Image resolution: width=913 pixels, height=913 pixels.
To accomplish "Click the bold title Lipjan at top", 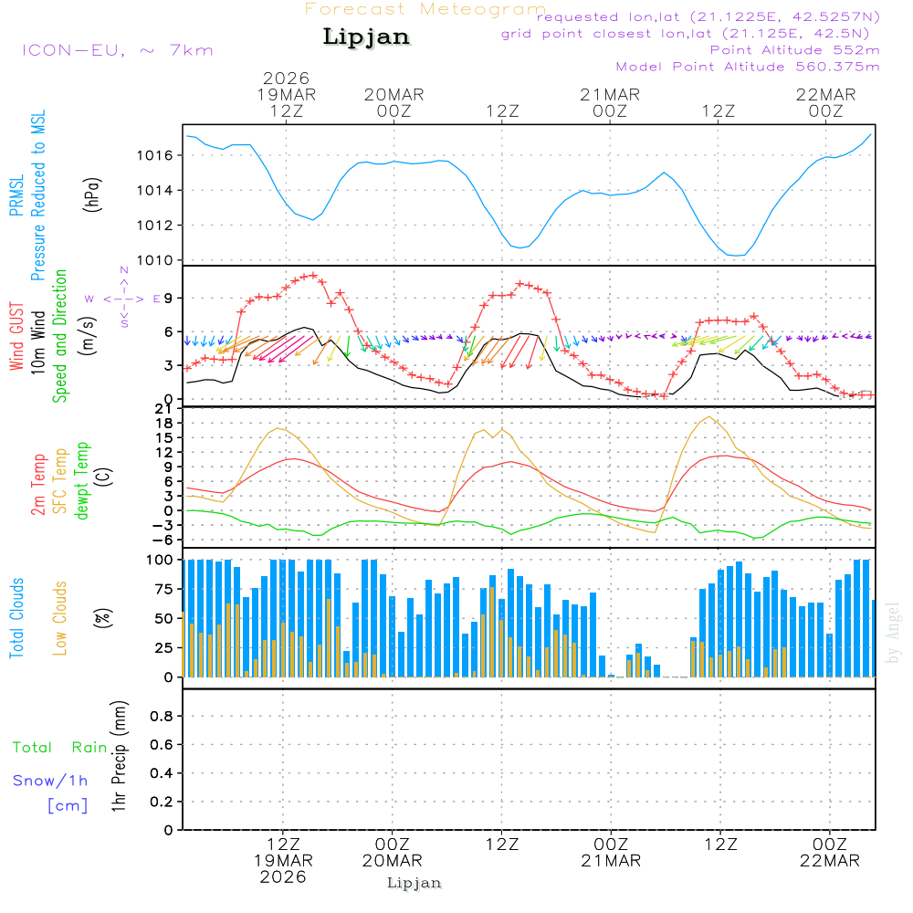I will pyautogui.click(x=366, y=37).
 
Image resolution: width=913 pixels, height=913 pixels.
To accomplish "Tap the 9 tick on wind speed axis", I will pyautogui.click(x=169, y=298).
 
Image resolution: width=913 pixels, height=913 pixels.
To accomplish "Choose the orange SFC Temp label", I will pyautogui.click(x=60, y=481).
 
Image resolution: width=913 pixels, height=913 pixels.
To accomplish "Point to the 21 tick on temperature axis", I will pyautogui.click(x=165, y=408).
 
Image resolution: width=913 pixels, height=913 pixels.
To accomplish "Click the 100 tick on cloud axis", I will pyautogui.click(x=161, y=559).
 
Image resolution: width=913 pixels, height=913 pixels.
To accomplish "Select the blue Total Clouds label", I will pyautogui.click(x=16, y=618).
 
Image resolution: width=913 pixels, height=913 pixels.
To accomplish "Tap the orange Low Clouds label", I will pyautogui.click(x=60, y=618).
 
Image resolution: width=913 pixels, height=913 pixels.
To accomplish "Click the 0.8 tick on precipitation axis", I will pyautogui.click(x=161, y=717).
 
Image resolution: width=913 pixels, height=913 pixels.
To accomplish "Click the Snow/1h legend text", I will pyautogui.click(x=51, y=781).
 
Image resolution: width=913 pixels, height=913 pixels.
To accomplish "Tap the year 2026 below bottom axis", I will pyautogui.click(x=283, y=877).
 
